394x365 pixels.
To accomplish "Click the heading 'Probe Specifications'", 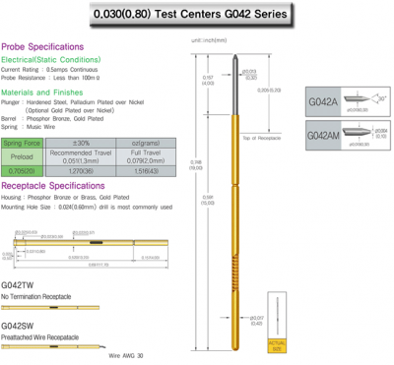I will coord(38,46).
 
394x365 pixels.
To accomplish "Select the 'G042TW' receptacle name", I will coord(17,285).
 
